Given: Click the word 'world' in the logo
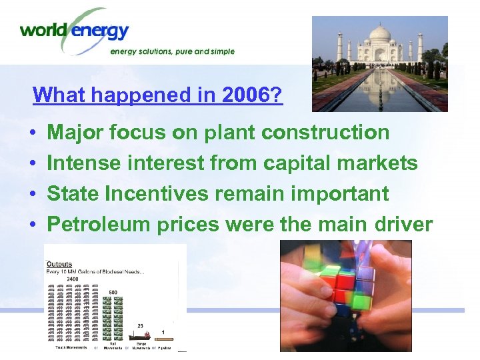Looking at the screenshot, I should (43, 30).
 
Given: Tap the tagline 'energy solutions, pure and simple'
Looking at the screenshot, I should (172, 51).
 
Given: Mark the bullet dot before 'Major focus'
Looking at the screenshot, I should (33, 133).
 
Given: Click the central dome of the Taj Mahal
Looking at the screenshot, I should (379, 35).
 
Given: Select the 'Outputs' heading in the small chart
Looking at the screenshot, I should (60, 265).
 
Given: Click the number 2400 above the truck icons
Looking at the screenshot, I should (72, 280).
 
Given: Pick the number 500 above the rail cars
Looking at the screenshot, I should (113, 292).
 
